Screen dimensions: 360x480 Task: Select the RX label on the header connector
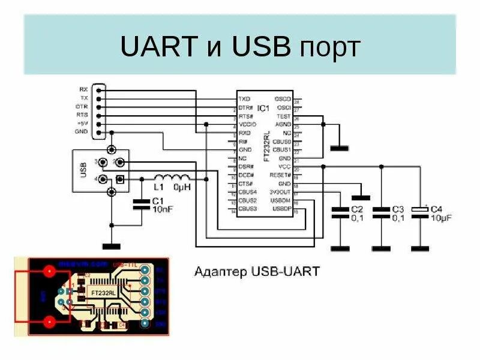83,89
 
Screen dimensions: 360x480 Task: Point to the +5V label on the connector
82,123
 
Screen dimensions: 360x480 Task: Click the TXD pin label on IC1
244,98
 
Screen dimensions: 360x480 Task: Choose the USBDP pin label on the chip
281,208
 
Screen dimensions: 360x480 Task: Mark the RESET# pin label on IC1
280,175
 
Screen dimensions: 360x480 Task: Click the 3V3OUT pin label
280,191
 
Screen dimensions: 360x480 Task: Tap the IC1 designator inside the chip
263,108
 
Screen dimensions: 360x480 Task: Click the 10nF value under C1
163,209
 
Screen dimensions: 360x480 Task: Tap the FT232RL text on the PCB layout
103,292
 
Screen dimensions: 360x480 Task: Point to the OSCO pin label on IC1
282,98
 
